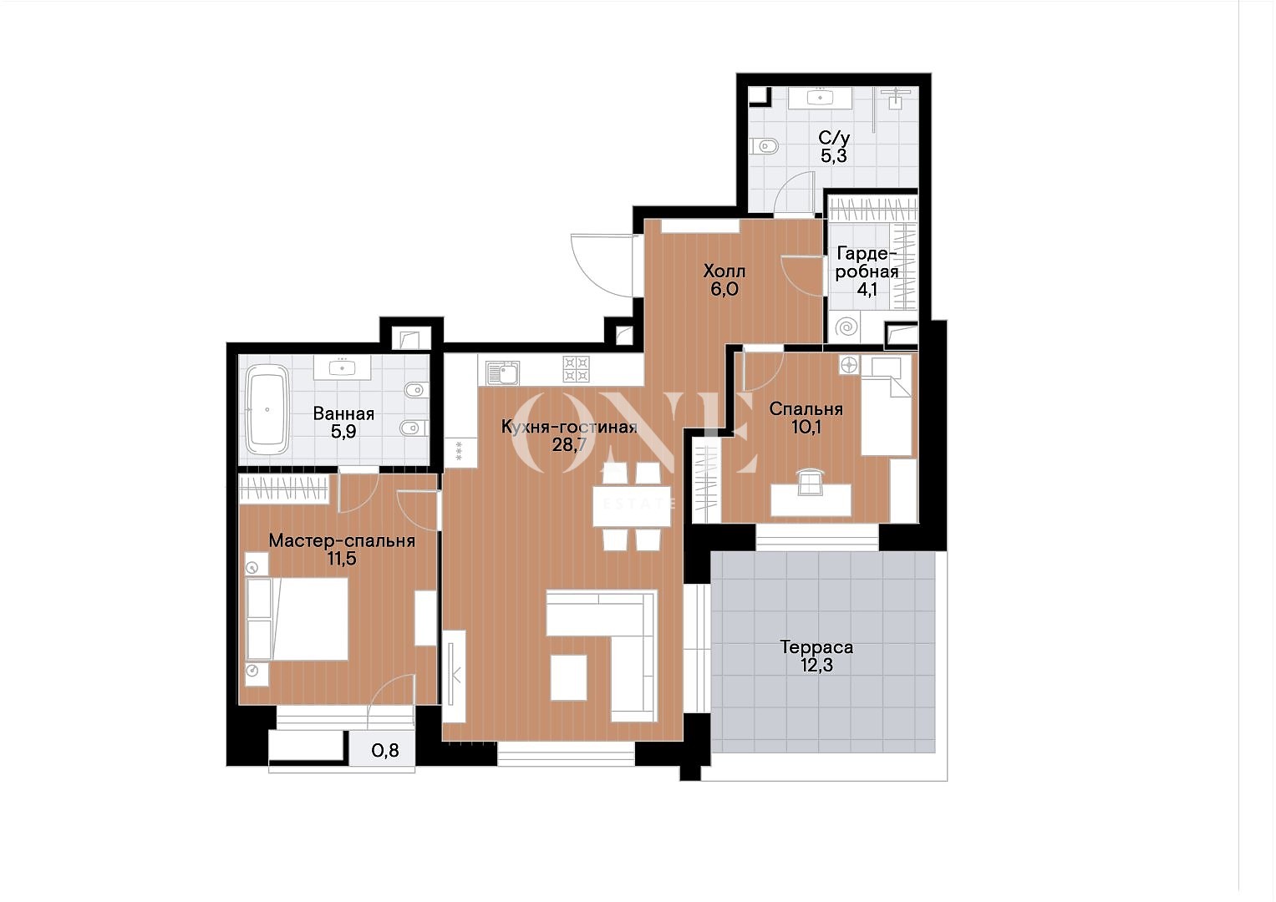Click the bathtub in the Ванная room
(x=267, y=409)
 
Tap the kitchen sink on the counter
(x=502, y=373)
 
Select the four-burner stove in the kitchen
(x=576, y=369)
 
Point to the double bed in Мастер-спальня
(x=297, y=619)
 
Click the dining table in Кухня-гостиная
(x=631, y=505)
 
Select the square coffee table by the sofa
(x=568, y=677)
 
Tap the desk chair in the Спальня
(x=811, y=481)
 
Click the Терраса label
(x=816, y=647)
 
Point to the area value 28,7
(x=569, y=444)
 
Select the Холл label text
(x=724, y=271)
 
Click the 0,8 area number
(x=385, y=751)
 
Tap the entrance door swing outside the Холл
(x=602, y=266)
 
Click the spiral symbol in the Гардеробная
(x=846, y=327)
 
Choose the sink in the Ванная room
(x=343, y=367)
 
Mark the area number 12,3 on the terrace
(x=816, y=665)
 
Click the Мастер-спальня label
(x=342, y=540)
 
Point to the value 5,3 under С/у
(x=833, y=155)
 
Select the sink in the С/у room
(x=821, y=98)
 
